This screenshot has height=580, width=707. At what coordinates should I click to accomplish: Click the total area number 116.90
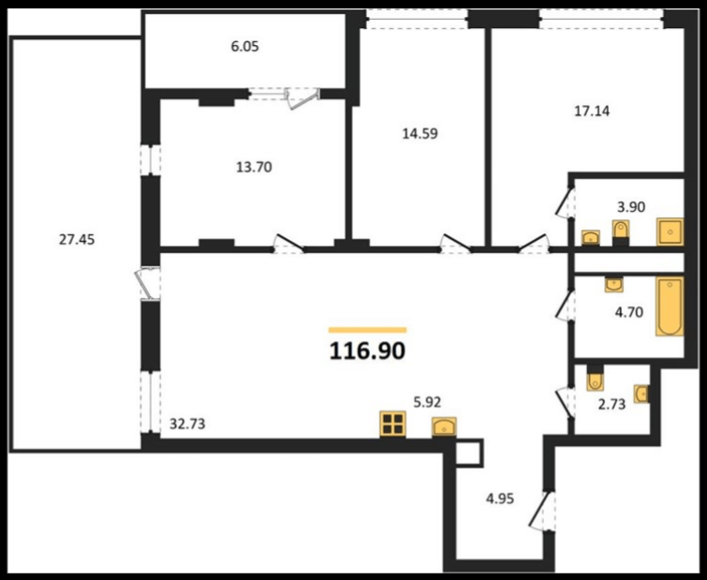click(x=367, y=350)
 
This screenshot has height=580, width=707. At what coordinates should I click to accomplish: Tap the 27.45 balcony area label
click(x=77, y=240)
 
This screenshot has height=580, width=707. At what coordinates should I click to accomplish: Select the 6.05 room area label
click(x=244, y=47)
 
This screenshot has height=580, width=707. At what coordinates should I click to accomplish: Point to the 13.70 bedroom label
click(x=255, y=168)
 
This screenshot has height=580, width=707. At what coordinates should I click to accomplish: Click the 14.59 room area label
click(x=420, y=133)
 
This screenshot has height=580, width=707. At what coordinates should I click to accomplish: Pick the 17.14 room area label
click(x=592, y=111)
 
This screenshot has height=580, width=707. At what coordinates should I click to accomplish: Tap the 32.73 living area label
click(x=187, y=424)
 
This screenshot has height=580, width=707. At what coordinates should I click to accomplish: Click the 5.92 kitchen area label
click(x=427, y=402)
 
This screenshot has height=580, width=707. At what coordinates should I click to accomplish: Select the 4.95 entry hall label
click(x=500, y=498)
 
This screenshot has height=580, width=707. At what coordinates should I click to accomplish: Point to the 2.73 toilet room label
click(x=611, y=405)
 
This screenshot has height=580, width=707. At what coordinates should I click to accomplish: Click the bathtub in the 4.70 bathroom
click(x=670, y=306)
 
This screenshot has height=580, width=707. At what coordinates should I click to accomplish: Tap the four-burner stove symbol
click(x=392, y=424)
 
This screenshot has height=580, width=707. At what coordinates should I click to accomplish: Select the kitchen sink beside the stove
click(x=444, y=427)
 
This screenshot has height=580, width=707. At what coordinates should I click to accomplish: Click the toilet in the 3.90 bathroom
click(x=621, y=231)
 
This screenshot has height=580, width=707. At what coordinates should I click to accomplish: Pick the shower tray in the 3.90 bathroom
click(x=670, y=231)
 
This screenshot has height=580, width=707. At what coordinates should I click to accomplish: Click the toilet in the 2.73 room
click(x=596, y=379)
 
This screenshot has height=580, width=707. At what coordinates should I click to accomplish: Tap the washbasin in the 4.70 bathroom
click(x=614, y=285)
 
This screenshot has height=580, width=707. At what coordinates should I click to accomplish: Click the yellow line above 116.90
click(x=367, y=330)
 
